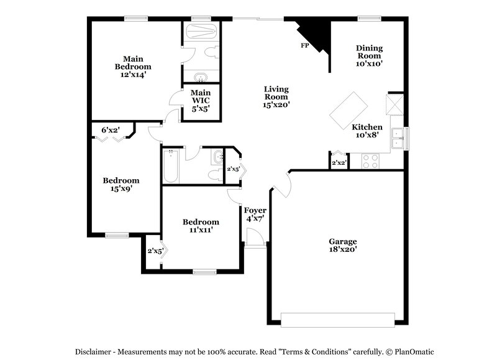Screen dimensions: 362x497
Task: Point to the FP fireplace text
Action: [304, 46]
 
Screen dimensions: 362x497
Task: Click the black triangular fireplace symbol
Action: [315, 35]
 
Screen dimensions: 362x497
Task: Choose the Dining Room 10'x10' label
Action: [369, 55]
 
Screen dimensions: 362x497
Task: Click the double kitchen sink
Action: [399, 139]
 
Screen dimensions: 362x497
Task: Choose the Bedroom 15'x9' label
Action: [121, 185]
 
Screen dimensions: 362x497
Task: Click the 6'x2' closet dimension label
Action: [111, 130]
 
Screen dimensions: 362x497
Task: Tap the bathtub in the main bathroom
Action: [200, 32]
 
